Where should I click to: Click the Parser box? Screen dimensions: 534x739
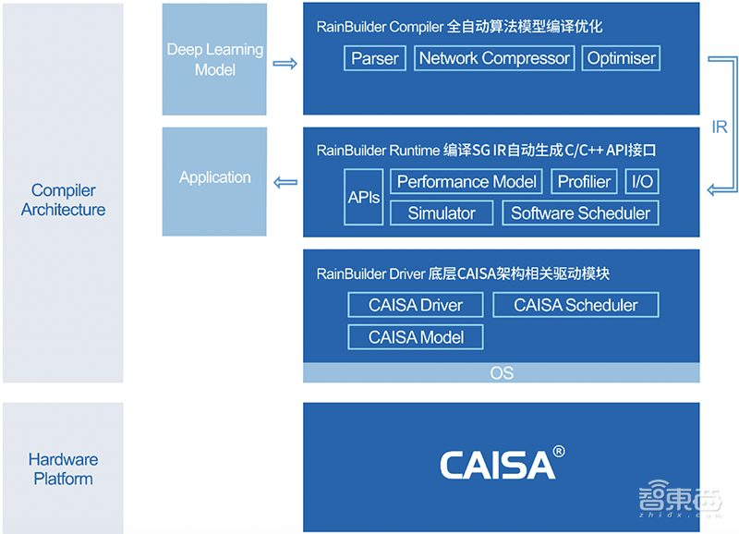pos(375,58)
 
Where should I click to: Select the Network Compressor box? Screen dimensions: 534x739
pos(494,58)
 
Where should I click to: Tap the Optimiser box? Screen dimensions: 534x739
pos(621,58)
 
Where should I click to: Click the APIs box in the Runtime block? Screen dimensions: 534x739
pos(364,197)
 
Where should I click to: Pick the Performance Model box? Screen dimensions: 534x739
pos(466,181)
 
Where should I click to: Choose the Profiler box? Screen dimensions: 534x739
pos(584,181)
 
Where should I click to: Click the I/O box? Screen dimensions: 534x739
pos(641,181)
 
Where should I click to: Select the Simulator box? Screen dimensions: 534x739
pos(442,212)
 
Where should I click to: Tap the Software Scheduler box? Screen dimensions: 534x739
pos(580,212)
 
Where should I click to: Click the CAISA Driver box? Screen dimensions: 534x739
pos(415,305)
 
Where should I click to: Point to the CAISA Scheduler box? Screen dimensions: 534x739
pos(575,305)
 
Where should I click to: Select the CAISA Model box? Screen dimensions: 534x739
pos(416,336)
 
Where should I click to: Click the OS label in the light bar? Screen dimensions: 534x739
pos(502,373)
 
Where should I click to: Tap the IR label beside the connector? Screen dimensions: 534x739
pos(720,127)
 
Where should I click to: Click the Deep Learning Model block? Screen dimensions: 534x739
pos(215,59)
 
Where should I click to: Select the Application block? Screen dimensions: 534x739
pos(215,177)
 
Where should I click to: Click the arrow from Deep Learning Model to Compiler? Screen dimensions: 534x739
pos(285,64)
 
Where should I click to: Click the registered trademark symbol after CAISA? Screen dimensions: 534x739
pos(558,453)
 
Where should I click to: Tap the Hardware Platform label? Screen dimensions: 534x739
pos(63,469)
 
